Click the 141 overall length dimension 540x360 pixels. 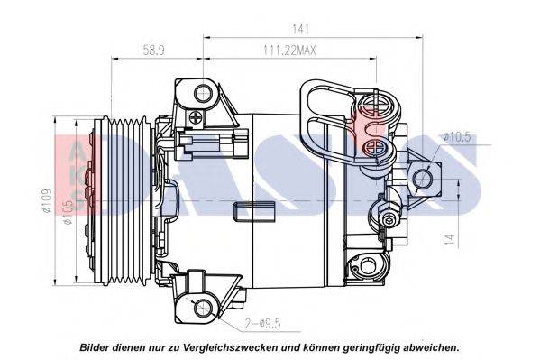pyautogui.click(x=315, y=29)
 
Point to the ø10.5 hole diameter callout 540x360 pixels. pyautogui.click(x=458, y=136)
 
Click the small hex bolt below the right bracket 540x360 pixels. pyautogui.click(x=389, y=219)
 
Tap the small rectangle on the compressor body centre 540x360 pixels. pyautogui.click(x=246, y=214)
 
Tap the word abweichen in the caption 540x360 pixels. pyautogui.click(x=428, y=346)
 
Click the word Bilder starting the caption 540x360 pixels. pyautogui.click(x=97, y=346)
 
